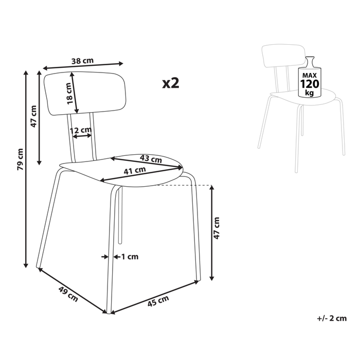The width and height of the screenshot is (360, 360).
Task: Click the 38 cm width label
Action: (82, 61)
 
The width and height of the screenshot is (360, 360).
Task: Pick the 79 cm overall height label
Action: (20, 159)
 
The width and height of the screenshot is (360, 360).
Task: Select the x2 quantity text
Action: (170, 83)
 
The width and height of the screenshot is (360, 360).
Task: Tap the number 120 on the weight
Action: (309, 84)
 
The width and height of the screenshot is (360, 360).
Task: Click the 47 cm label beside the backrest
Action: (34, 116)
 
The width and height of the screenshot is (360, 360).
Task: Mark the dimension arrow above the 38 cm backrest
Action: (83, 66)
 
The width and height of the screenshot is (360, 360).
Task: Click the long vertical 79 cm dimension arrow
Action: (26, 169)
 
